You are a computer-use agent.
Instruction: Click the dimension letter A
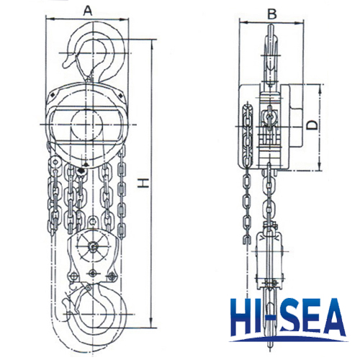[88, 11]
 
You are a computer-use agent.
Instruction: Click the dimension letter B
[272, 14]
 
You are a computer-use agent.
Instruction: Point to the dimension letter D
[313, 125]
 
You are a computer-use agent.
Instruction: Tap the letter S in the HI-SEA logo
[294, 318]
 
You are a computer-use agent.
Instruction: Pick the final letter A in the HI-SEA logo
[333, 318]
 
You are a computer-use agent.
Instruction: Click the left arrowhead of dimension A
[49, 19]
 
